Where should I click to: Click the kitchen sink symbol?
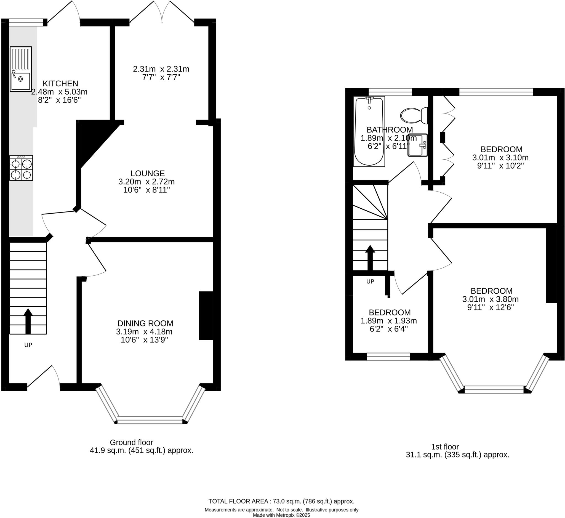tap(21, 69)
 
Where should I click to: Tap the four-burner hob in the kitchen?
tap(21, 168)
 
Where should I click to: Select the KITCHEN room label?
tap(60, 83)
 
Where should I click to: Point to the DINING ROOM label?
tap(145, 323)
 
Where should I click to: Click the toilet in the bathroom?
tap(414, 115)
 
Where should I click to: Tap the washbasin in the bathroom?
tap(417, 145)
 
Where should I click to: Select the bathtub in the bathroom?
tap(369, 131)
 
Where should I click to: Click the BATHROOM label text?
tap(390, 130)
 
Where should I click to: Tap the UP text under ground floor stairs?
tap(28, 345)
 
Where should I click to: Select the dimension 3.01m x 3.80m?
tap(490, 299)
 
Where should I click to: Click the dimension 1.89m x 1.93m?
tap(388, 321)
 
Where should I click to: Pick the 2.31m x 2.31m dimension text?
tap(161, 69)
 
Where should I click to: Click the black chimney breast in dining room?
tap(206, 316)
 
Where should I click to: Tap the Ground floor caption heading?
tap(131, 442)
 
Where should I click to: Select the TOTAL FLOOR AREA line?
tap(281, 501)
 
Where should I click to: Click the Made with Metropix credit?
tap(281, 515)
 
